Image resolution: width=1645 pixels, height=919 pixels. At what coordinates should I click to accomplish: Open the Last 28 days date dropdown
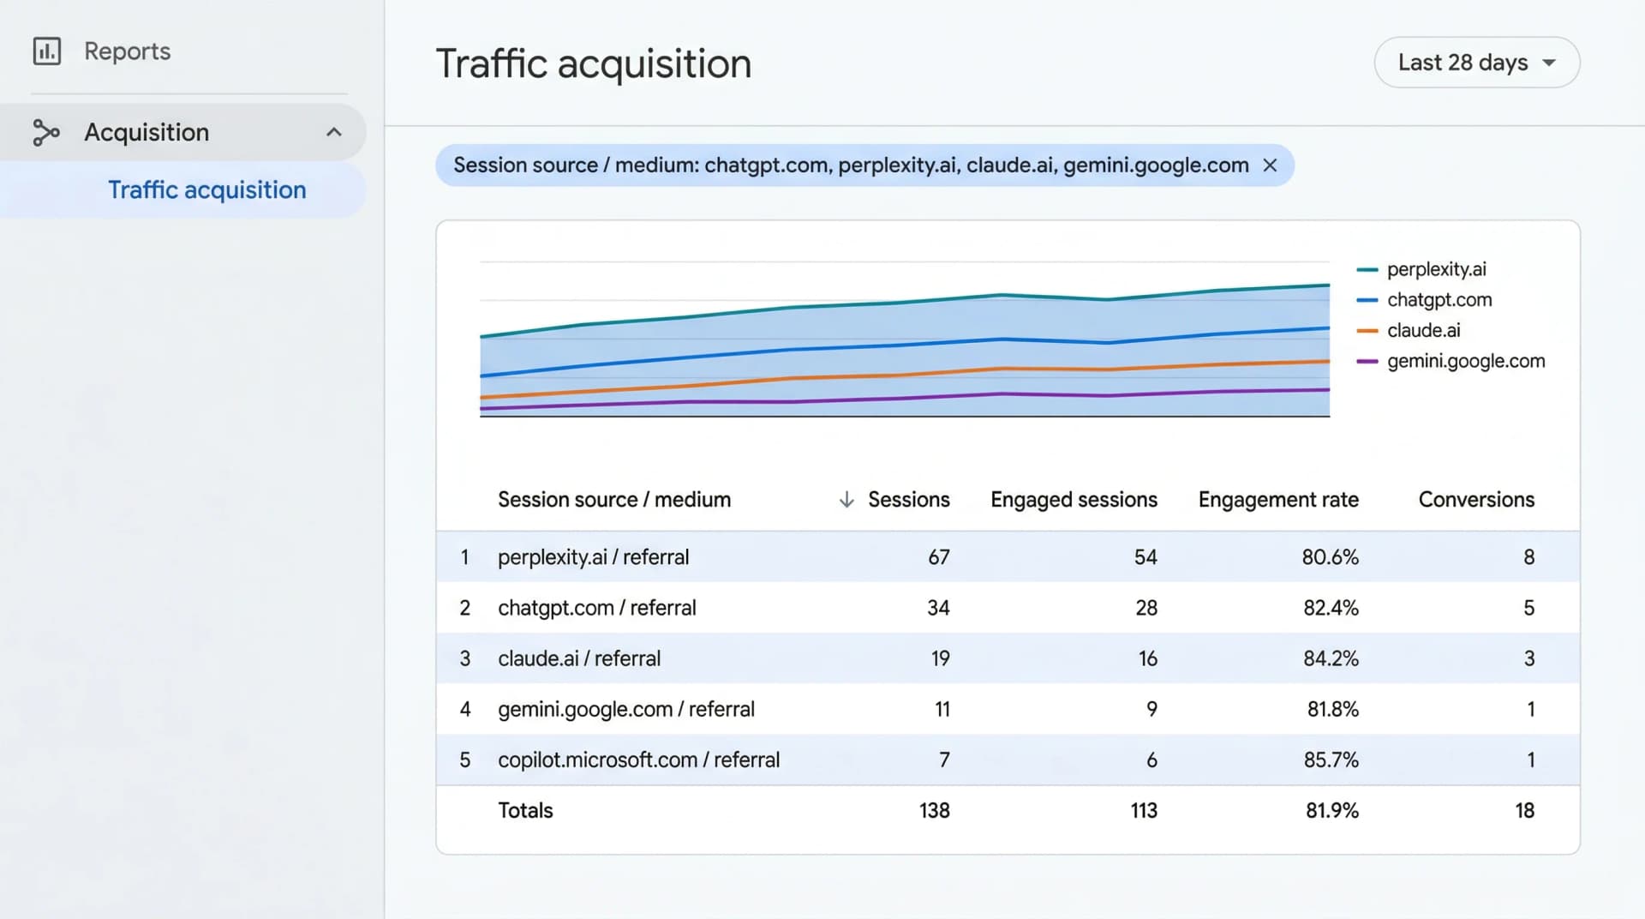point(1476,63)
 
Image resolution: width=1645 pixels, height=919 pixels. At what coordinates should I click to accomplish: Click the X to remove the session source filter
point(1270,165)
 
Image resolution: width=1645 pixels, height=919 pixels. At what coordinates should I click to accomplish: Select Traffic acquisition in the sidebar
point(206,189)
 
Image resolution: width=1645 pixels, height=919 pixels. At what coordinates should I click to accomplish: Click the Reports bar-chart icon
point(47,51)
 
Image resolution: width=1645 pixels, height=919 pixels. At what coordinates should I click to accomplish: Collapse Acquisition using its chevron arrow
point(334,132)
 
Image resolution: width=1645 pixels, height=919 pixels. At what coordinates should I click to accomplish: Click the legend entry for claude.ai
point(1422,331)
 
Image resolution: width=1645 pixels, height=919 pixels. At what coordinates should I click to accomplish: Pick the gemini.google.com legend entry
point(1465,361)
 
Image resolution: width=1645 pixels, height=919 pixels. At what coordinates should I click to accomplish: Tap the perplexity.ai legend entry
point(1436,269)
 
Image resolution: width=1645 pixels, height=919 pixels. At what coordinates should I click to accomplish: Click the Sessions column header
point(908,500)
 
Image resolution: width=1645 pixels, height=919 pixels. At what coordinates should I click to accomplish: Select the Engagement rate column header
point(1277,500)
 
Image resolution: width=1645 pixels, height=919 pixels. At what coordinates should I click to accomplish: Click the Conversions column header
point(1475,500)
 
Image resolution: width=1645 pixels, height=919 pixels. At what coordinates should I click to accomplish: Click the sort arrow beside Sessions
point(846,500)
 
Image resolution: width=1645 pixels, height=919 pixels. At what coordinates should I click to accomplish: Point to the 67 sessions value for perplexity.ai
point(938,557)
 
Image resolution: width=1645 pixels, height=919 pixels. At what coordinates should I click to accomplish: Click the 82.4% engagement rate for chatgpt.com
point(1331,608)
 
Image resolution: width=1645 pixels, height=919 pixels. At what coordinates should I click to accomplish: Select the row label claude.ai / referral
point(579,658)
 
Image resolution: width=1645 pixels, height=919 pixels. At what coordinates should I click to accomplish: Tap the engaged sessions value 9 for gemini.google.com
point(1151,709)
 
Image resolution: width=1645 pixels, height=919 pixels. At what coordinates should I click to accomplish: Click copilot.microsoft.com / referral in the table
point(638,760)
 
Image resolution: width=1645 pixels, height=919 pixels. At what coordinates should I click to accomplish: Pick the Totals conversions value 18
point(1523,810)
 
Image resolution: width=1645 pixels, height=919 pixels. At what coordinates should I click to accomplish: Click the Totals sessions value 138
point(934,810)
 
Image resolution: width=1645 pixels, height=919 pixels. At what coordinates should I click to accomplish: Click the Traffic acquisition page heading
point(593,64)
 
